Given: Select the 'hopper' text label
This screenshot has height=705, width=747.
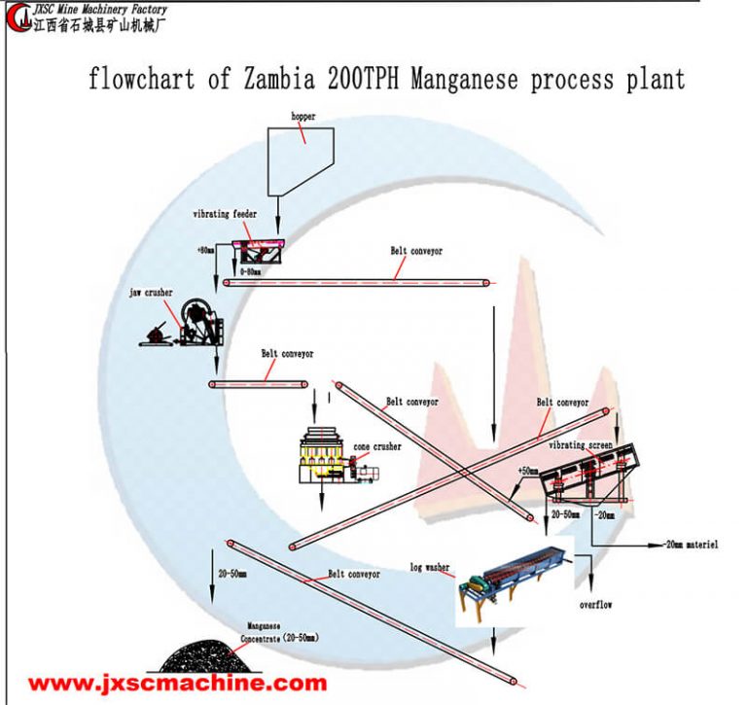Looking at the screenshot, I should pyautogui.click(x=303, y=117).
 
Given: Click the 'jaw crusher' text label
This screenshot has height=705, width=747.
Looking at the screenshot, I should pyautogui.click(x=152, y=291).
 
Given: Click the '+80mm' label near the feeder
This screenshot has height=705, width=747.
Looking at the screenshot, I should pyautogui.click(x=205, y=250).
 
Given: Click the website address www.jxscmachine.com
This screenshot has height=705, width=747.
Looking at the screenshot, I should pyautogui.click(x=175, y=683).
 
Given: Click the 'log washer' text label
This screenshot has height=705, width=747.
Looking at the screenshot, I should pyautogui.click(x=429, y=566).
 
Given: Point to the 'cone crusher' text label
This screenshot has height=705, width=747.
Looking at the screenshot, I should pyautogui.click(x=376, y=446).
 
